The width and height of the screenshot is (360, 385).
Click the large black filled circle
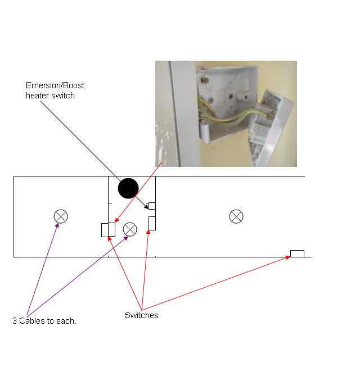tap(128, 188)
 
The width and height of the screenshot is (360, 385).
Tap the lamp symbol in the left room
tap(61, 216)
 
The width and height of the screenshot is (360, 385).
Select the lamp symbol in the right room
tap(236, 216)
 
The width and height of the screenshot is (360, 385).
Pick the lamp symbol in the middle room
tap(130, 229)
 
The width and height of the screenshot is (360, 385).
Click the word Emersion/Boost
tap(55, 85)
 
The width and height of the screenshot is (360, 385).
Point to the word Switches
tap(142, 315)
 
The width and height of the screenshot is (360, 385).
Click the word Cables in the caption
tap(32, 321)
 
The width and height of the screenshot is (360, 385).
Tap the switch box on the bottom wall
tap(297, 253)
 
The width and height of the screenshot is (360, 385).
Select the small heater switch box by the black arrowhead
tap(152, 206)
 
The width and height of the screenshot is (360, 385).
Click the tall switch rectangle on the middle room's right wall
tap(152, 223)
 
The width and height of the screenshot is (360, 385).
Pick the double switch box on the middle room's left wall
tap(108, 230)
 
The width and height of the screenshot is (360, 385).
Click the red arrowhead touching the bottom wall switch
tap(287, 257)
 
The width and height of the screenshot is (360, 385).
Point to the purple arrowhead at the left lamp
tap(57, 225)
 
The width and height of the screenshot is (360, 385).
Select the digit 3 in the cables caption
tap(15, 321)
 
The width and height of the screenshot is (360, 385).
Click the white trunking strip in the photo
tap(185, 114)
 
